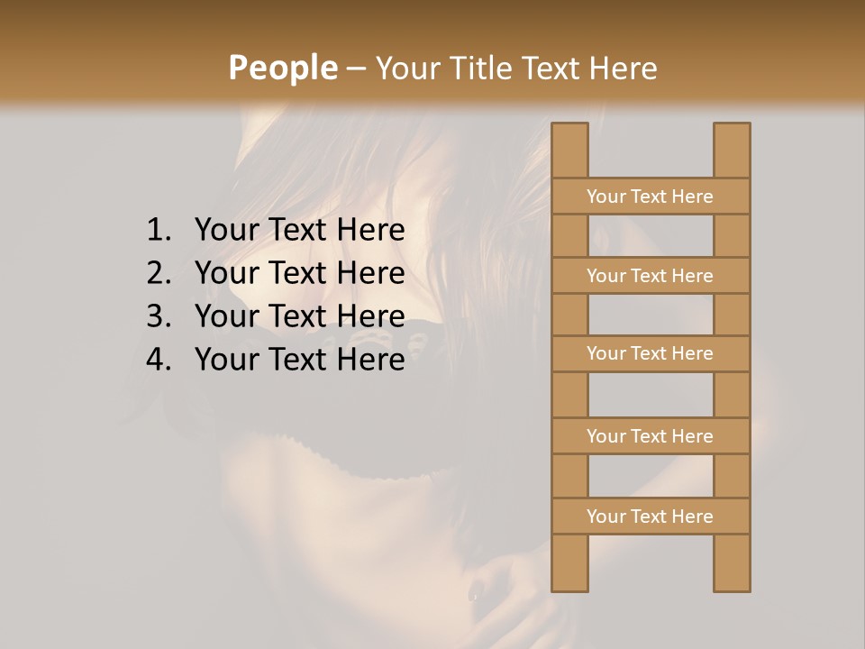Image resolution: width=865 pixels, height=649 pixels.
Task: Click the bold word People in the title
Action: tap(282, 68)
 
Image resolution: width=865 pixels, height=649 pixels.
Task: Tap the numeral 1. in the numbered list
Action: tap(158, 231)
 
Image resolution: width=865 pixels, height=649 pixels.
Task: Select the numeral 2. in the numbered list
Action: tap(158, 273)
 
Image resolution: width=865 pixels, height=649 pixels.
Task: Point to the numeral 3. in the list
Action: tap(158, 316)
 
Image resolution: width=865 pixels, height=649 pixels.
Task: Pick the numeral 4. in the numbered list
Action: tap(158, 360)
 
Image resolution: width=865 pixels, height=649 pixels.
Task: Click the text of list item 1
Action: tap(299, 231)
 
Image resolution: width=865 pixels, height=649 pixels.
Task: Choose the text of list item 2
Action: tap(299, 273)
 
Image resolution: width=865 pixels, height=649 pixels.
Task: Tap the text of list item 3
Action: tap(299, 316)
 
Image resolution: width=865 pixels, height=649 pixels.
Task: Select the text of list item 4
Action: tap(299, 360)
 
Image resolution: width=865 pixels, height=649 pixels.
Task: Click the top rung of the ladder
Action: tap(651, 197)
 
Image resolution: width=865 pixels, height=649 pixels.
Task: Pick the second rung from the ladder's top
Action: tap(651, 276)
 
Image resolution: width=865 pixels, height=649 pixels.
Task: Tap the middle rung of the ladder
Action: tap(651, 354)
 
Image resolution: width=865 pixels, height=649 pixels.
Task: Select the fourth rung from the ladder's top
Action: tap(651, 436)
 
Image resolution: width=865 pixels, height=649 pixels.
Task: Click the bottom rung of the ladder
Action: tap(651, 516)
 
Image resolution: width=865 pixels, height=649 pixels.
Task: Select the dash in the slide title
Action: tap(356, 69)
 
